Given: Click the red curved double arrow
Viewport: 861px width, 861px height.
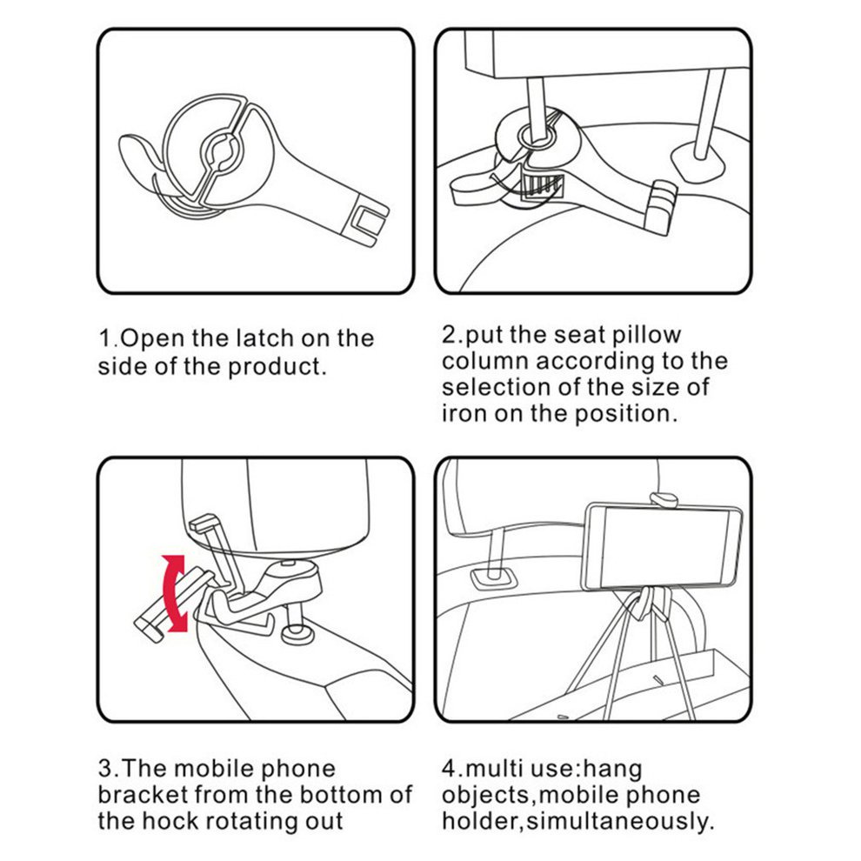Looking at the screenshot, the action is tap(175, 593).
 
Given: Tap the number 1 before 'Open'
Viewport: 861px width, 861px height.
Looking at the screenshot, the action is tap(104, 338).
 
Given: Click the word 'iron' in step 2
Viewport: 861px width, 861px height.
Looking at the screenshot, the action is tap(464, 413).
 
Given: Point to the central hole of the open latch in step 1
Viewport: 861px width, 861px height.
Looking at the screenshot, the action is tap(223, 150).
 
